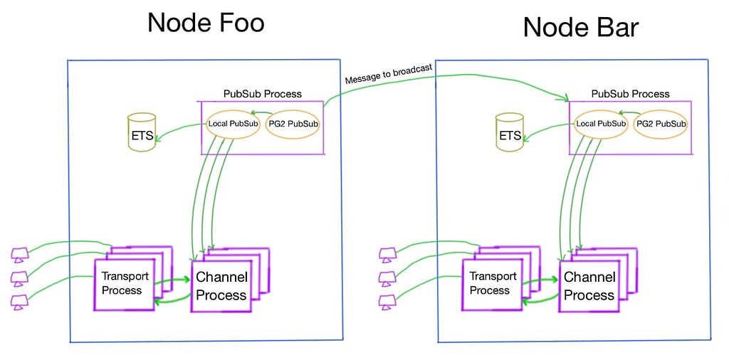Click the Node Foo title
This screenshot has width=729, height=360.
206,23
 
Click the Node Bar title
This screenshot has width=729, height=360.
580,28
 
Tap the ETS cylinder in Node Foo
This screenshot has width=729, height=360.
142,132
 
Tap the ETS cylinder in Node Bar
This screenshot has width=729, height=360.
510,132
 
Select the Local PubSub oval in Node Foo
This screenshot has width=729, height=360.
232,125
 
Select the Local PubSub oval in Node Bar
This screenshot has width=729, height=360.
600,125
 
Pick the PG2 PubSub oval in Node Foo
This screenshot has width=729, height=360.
292,125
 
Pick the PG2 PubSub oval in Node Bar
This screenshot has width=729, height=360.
660,125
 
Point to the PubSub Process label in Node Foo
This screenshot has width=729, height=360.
263,94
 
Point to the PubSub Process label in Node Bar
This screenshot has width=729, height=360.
630,94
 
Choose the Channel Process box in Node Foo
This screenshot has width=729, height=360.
221,286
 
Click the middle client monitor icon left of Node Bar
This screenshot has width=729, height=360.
388,277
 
